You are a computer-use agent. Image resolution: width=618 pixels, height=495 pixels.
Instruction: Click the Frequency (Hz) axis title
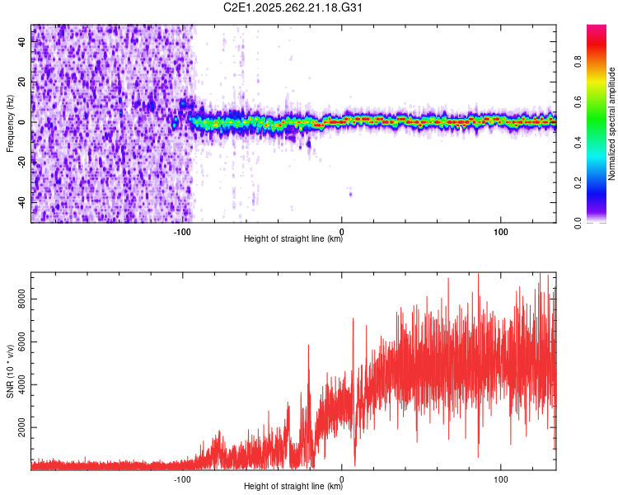tap(10, 123)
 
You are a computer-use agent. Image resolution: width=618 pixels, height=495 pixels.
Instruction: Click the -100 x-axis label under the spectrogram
tap(183, 232)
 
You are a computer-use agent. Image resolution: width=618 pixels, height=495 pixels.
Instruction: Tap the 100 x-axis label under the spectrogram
tap(500, 232)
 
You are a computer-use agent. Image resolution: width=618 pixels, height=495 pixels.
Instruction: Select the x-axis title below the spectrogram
tap(293, 240)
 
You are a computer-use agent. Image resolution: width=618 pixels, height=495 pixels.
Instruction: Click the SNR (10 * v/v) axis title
tap(10, 370)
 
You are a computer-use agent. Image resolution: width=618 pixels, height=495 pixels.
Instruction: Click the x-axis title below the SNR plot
tap(293, 488)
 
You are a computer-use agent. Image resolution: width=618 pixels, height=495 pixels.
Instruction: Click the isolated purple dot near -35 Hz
tap(350, 194)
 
